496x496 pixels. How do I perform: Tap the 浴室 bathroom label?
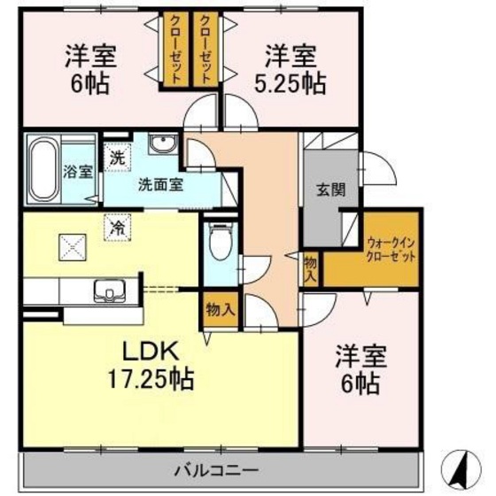click(x=77, y=172)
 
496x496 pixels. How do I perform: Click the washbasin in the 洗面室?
click(x=162, y=145)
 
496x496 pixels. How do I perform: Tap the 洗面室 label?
click(x=159, y=187)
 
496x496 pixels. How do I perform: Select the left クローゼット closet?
click(x=174, y=50)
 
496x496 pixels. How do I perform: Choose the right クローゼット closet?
click(x=205, y=50)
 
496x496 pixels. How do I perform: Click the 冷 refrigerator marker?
click(x=118, y=227)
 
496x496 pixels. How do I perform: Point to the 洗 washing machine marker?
click(x=116, y=159)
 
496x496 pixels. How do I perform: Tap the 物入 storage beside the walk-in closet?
click(x=311, y=267)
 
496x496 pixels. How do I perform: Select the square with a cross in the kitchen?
click(x=70, y=244)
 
